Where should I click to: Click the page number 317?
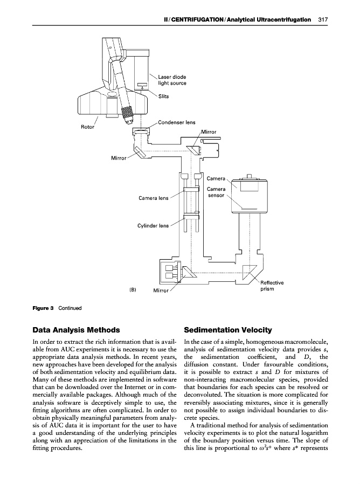pos(323,19)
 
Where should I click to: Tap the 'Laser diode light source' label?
pos(172,80)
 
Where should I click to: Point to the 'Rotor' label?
pos(87,128)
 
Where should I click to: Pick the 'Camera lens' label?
pos(154,198)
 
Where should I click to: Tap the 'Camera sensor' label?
pos(216,192)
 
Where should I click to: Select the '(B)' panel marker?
pos(133,289)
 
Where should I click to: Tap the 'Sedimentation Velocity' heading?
pos(228,330)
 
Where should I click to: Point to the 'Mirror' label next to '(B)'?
pos(162,290)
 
